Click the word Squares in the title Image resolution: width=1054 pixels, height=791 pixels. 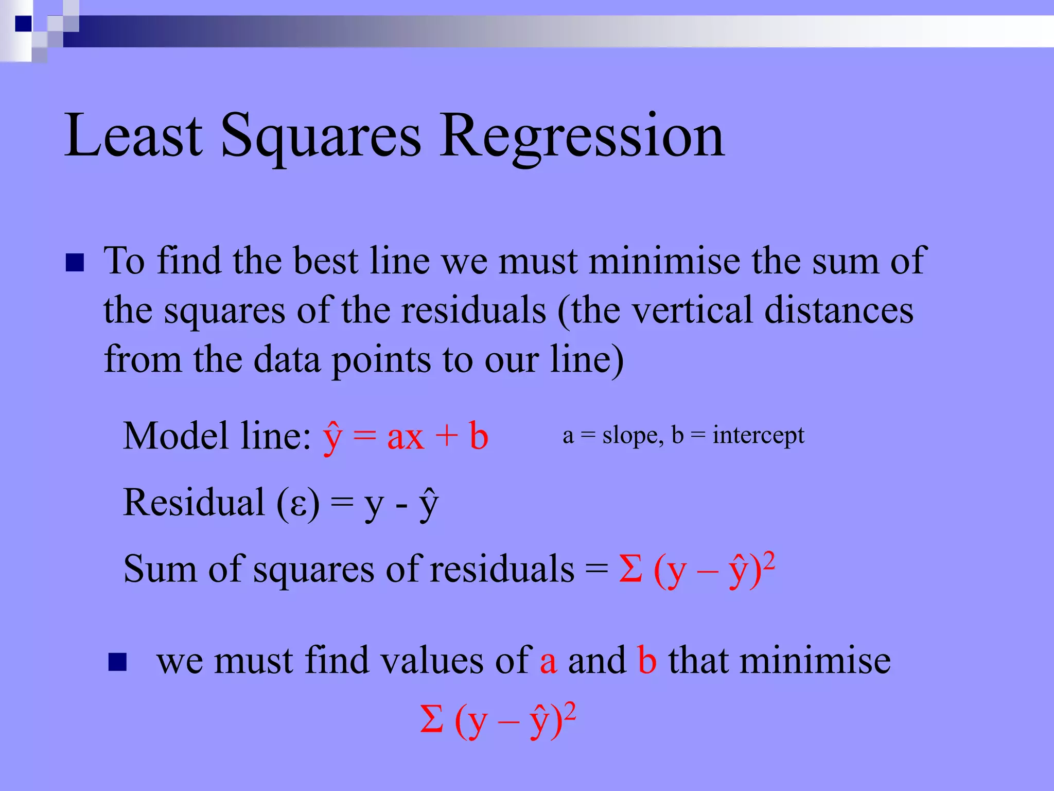(x=321, y=136)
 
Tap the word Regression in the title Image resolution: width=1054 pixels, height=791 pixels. (x=582, y=136)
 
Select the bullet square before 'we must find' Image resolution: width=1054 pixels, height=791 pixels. (x=117, y=662)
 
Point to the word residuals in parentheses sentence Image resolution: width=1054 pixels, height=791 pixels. (x=473, y=311)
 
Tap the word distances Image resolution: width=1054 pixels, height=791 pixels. (x=839, y=311)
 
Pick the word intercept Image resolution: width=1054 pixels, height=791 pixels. (x=758, y=436)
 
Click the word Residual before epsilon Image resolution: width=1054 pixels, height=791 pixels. (x=194, y=503)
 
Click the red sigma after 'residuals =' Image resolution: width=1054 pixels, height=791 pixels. (x=630, y=569)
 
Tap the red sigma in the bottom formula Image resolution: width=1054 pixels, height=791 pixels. (x=431, y=719)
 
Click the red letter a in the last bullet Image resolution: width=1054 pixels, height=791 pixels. (x=548, y=663)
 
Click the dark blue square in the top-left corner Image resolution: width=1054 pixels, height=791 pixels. (x=23, y=24)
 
